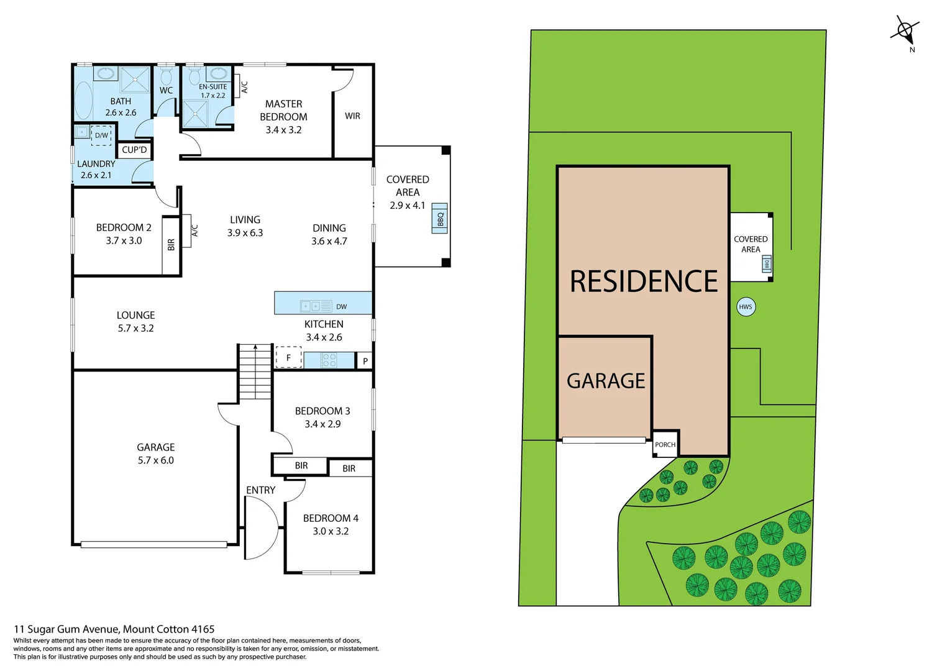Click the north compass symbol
point(905,31)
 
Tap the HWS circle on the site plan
point(746,307)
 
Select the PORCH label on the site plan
point(665,444)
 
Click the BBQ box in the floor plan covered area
point(440,219)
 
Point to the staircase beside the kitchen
point(255,371)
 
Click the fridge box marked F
point(288,358)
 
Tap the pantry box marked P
point(365,361)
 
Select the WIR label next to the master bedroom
point(352,116)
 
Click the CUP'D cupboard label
point(134,150)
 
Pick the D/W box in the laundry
point(101,135)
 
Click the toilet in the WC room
point(166,76)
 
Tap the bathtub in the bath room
point(83,101)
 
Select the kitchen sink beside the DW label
point(316,306)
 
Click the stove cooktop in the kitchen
point(329,360)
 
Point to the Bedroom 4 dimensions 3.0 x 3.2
point(331,531)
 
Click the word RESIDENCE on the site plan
point(644,281)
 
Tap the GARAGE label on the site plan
point(606,381)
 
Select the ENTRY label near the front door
point(260,490)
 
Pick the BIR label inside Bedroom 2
point(171,245)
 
